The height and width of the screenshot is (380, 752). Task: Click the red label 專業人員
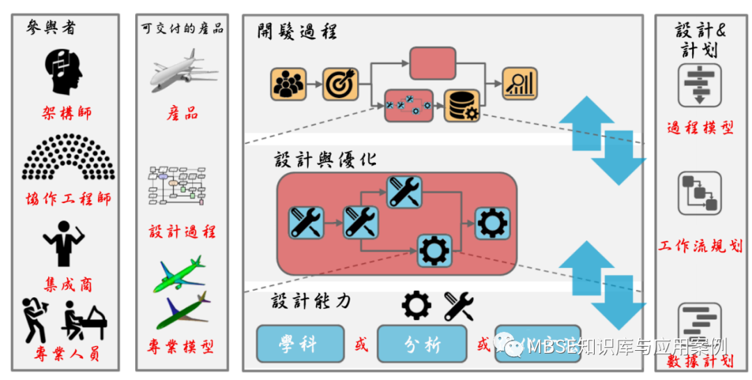pyautogui.click(x=67, y=354)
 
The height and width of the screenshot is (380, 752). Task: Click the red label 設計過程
pyautogui.click(x=182, y=231)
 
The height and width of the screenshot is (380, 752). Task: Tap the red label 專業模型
pyautogui.click(x=182, y=346)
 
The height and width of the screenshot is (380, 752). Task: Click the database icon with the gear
pyautogui.click(x=462, y=106)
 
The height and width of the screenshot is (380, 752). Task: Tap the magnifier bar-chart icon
pyautogui.click(x=519, y=84)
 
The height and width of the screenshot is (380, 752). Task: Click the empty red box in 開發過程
pyautogui.click(x=432, y=63)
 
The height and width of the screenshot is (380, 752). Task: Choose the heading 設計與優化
pyautogui.click(x=325, y=159)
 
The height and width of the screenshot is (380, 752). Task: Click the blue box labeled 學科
pyautogui.click(x=300, y=344)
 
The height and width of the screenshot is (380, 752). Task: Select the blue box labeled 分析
pyautogui.click(x=421, y=344)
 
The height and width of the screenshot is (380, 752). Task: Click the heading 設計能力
pyautogui.click(x=311, y=301)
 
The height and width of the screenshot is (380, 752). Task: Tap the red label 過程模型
pyautogui.click(x=700, y=127)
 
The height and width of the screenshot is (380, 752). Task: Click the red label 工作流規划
pyautogui.click(x=700, y=246)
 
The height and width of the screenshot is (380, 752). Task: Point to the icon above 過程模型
pyautogui.click(x=699, y=85)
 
